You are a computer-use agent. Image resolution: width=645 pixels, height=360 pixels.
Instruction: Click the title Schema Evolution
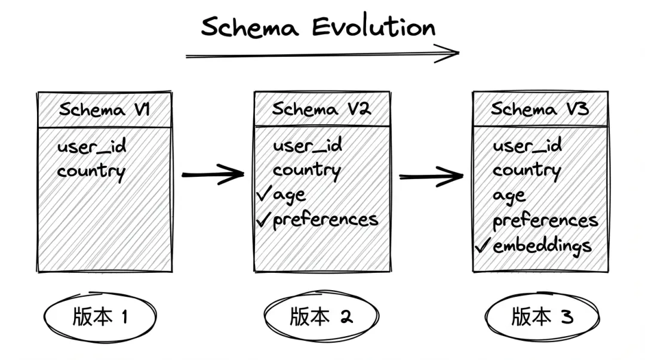pyautogui.click(x=318, y=27)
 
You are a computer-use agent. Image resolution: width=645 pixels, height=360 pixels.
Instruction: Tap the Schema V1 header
pyautogui.click(x=104, y=110)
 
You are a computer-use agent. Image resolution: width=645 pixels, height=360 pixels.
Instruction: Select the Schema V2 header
pyautogui.click(x=321, y=109)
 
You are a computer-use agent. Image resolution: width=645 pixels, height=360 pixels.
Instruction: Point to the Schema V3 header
pyautogui.click(x=539, y=109)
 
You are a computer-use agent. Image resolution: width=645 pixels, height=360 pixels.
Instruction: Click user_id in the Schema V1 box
pyautogui.click(x=91, y=147)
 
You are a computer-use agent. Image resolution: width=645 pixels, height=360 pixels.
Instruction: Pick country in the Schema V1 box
pyautogui.click(x=91, y=172)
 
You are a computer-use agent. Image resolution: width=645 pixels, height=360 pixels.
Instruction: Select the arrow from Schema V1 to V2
pyautogui.click(x=213, y=175)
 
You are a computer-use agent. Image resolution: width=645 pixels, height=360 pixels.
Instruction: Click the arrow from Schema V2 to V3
pyautogui.click(x=431, y=176)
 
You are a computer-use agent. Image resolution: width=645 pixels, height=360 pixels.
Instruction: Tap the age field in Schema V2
pyautogui.click(x=290, y=195)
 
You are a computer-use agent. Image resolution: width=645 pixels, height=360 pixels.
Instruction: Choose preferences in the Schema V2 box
pyautogui.click(x=325, y=220)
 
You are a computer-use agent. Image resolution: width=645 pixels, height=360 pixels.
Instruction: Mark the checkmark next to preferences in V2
pyautogui.click(x=263, y=220)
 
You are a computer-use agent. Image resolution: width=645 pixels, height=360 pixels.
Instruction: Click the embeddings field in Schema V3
pyautogui.click(x=542, y=245)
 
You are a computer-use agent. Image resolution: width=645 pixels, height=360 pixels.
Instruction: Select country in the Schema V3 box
pyautogui.click(x=526, y=171)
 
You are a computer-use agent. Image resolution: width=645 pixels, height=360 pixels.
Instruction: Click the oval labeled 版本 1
pyautogui.click(x=100, y=317)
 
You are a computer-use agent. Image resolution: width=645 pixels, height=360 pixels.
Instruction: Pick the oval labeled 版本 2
pyautogui.click(x=321, y=317)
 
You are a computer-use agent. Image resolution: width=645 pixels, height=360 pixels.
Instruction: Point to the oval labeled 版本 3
pyautogui.click(x=542, y=317)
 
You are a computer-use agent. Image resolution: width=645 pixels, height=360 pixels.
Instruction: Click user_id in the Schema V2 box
pyautogui.click(x=307, y=146)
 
